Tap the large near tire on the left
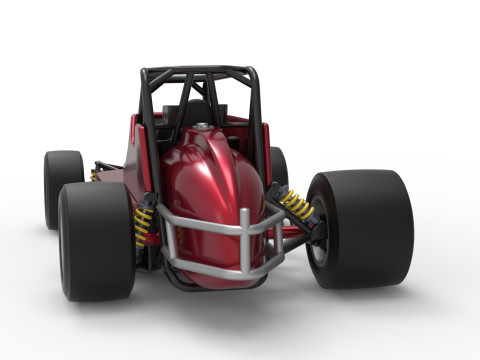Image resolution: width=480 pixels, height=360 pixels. (95, 240)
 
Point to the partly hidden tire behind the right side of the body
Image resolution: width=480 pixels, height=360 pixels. (279, 166)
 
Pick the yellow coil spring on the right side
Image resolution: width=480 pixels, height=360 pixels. (296, 206)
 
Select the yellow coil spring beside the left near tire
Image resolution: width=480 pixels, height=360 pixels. (144, 225)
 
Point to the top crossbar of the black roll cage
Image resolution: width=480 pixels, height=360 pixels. (200, 71)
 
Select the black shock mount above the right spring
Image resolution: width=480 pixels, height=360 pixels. (277, 189)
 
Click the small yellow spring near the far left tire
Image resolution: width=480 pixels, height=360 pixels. (93, 176)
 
